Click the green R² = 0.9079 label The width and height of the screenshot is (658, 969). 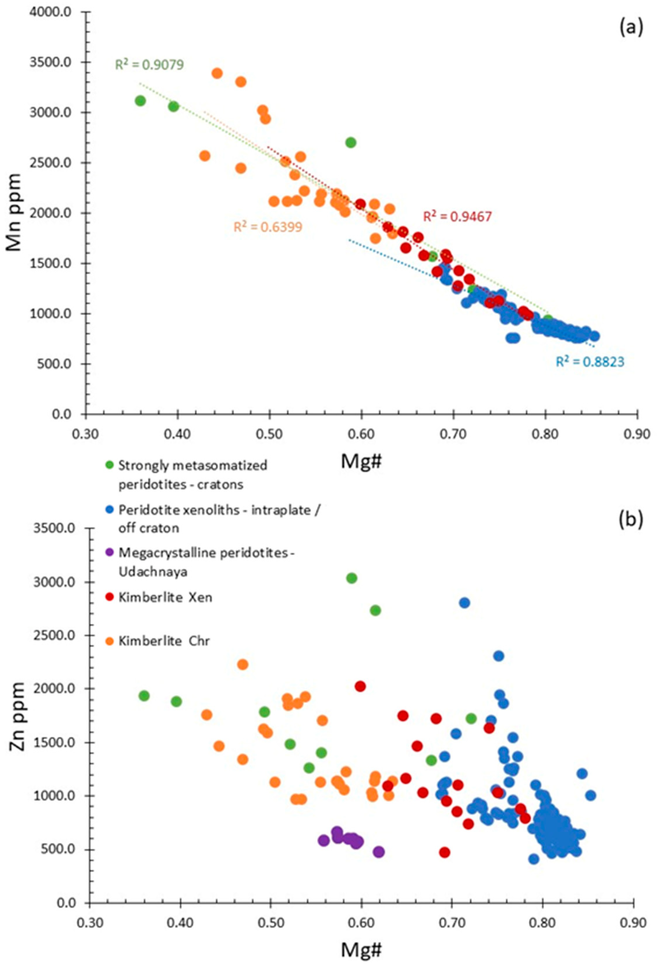coord(149,65)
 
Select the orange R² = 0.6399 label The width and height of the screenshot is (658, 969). coord(267,227)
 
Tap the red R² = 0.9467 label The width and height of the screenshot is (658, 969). coord(457,217)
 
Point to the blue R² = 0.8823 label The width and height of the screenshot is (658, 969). coord(590,362)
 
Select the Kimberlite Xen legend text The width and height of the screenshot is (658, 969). coord(165,597)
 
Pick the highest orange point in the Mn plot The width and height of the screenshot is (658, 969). coord(217,73)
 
